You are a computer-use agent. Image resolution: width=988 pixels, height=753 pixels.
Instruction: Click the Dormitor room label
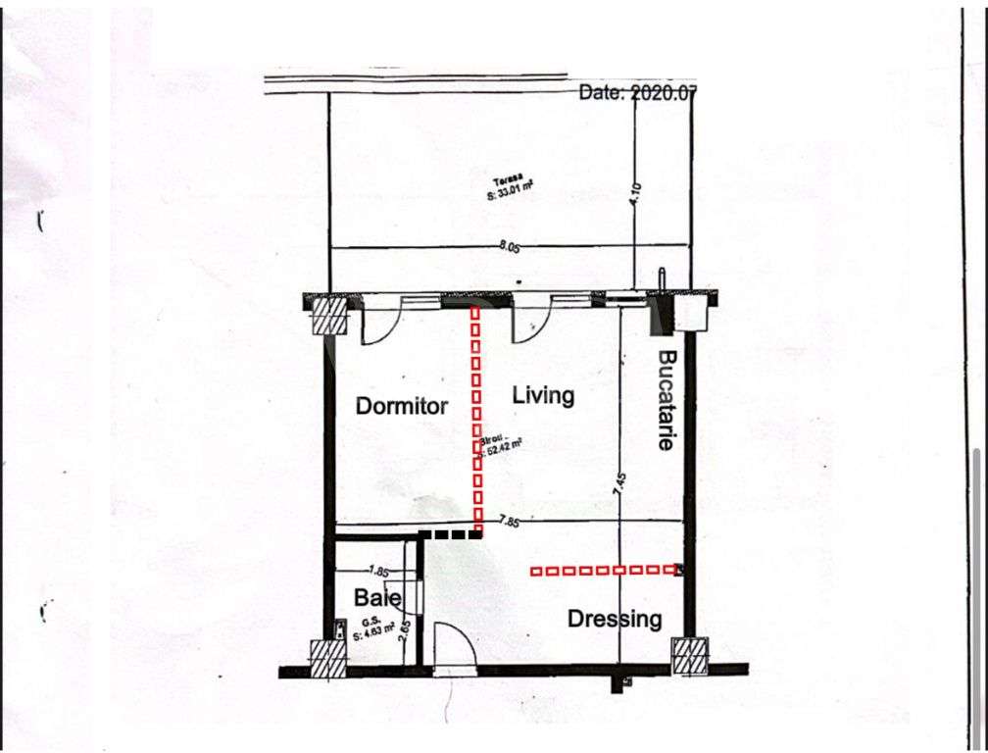click(401, 406)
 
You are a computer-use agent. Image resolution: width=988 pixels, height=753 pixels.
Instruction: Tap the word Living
click(543, 396)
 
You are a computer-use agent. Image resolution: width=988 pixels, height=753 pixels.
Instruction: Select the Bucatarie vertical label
click(667, 400)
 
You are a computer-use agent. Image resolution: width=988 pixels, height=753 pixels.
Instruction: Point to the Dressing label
click(615, 619)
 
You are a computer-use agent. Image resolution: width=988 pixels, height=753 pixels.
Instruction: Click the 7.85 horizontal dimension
click(508, 522)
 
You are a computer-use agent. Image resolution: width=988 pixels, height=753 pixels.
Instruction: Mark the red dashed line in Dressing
click(605, 570)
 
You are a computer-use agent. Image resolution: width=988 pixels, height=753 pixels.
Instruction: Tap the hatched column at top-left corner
click(330, 317)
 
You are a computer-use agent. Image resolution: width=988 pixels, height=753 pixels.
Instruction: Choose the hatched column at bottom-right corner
click(690, 655)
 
